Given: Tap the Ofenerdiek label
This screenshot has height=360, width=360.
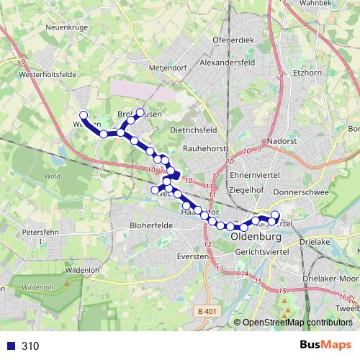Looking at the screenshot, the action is click(234, 40).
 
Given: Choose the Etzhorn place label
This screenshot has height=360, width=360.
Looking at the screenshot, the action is click(310, 73).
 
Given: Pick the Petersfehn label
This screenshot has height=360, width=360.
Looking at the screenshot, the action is click(40, 233).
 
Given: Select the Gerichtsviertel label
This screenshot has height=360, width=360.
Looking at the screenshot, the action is click(263, 253).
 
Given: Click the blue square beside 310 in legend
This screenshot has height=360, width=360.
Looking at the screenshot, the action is click(9, 346).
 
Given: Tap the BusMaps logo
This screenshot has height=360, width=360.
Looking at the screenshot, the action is click(321, 345).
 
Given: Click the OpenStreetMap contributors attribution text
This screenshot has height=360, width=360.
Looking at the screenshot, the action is click(297, 323).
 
